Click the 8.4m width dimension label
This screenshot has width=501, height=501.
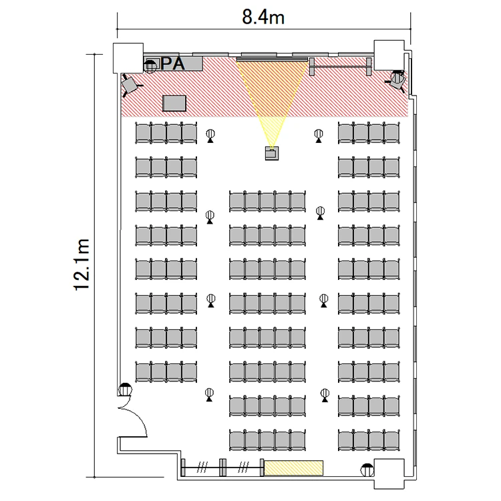(263, 17)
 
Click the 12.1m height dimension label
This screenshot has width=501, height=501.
(81, 265)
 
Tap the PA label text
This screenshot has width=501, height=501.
(172, 63)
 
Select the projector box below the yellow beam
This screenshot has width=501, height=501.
(272, 153)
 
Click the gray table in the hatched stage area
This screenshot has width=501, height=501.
(174, 103)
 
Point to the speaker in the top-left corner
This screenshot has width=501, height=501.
(130, 85)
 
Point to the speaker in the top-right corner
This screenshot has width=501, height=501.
(397, 80)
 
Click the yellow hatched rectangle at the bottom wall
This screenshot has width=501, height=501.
(294, 468)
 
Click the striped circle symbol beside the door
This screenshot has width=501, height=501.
(125, 389)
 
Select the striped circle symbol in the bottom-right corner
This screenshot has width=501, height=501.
(367, 470)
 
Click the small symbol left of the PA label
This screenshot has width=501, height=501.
(151, 65)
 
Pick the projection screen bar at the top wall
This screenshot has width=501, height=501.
(272, 59)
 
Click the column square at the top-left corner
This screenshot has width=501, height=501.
(128, 58)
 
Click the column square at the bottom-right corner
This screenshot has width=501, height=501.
(389, 474)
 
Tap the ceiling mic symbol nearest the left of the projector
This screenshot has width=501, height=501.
(210, 136)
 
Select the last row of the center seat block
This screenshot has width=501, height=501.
(267, 440)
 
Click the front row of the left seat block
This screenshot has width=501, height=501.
(166, 133)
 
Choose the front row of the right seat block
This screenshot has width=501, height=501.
(369, 133)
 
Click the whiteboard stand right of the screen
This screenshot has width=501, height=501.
(341, 66)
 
